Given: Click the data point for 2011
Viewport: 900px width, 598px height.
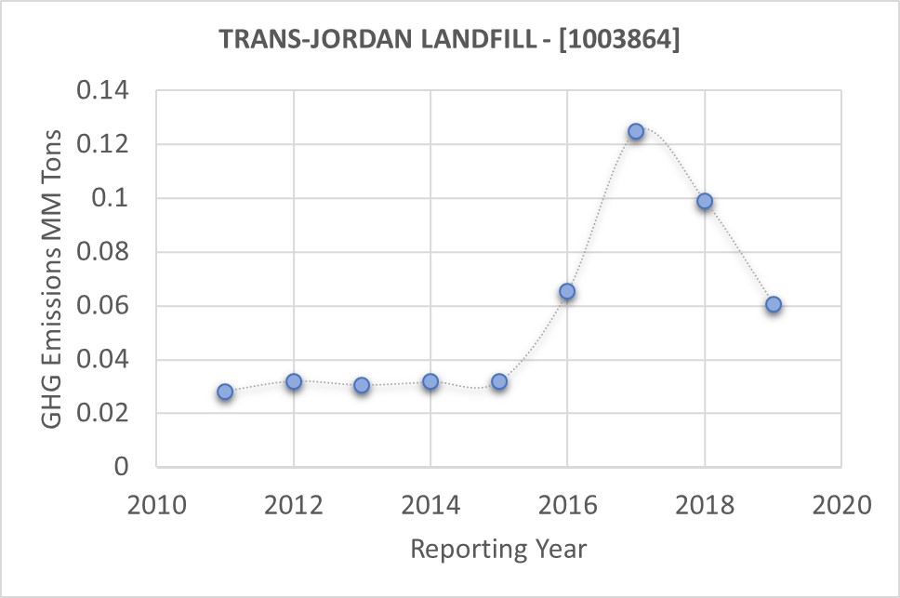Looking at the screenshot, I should (225, 392).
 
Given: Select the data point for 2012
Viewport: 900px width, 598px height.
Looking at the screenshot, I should (294, 381).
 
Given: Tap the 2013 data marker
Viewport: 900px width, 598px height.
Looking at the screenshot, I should (362, 385).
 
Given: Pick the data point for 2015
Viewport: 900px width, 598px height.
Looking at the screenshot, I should (499, 381).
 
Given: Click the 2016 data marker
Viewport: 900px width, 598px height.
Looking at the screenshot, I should (567, 291).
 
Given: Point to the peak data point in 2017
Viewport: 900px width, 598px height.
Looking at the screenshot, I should (636, 131).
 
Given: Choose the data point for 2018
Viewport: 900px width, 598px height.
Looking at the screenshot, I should (705, 201).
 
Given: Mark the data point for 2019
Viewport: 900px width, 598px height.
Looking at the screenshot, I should (774, 304).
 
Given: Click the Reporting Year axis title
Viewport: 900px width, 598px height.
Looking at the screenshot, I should (498, 549).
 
